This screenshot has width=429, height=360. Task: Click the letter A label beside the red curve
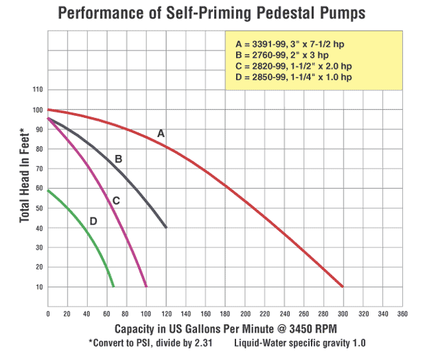161,133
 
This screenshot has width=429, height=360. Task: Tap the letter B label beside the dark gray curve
118,159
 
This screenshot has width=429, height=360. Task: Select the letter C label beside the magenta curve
116,200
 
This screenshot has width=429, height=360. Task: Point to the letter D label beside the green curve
93,221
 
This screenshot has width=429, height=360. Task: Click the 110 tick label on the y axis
37,90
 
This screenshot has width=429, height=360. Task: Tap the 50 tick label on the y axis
39,208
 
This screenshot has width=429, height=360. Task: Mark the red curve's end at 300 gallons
343,287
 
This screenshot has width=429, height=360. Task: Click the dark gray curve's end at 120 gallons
165,227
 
